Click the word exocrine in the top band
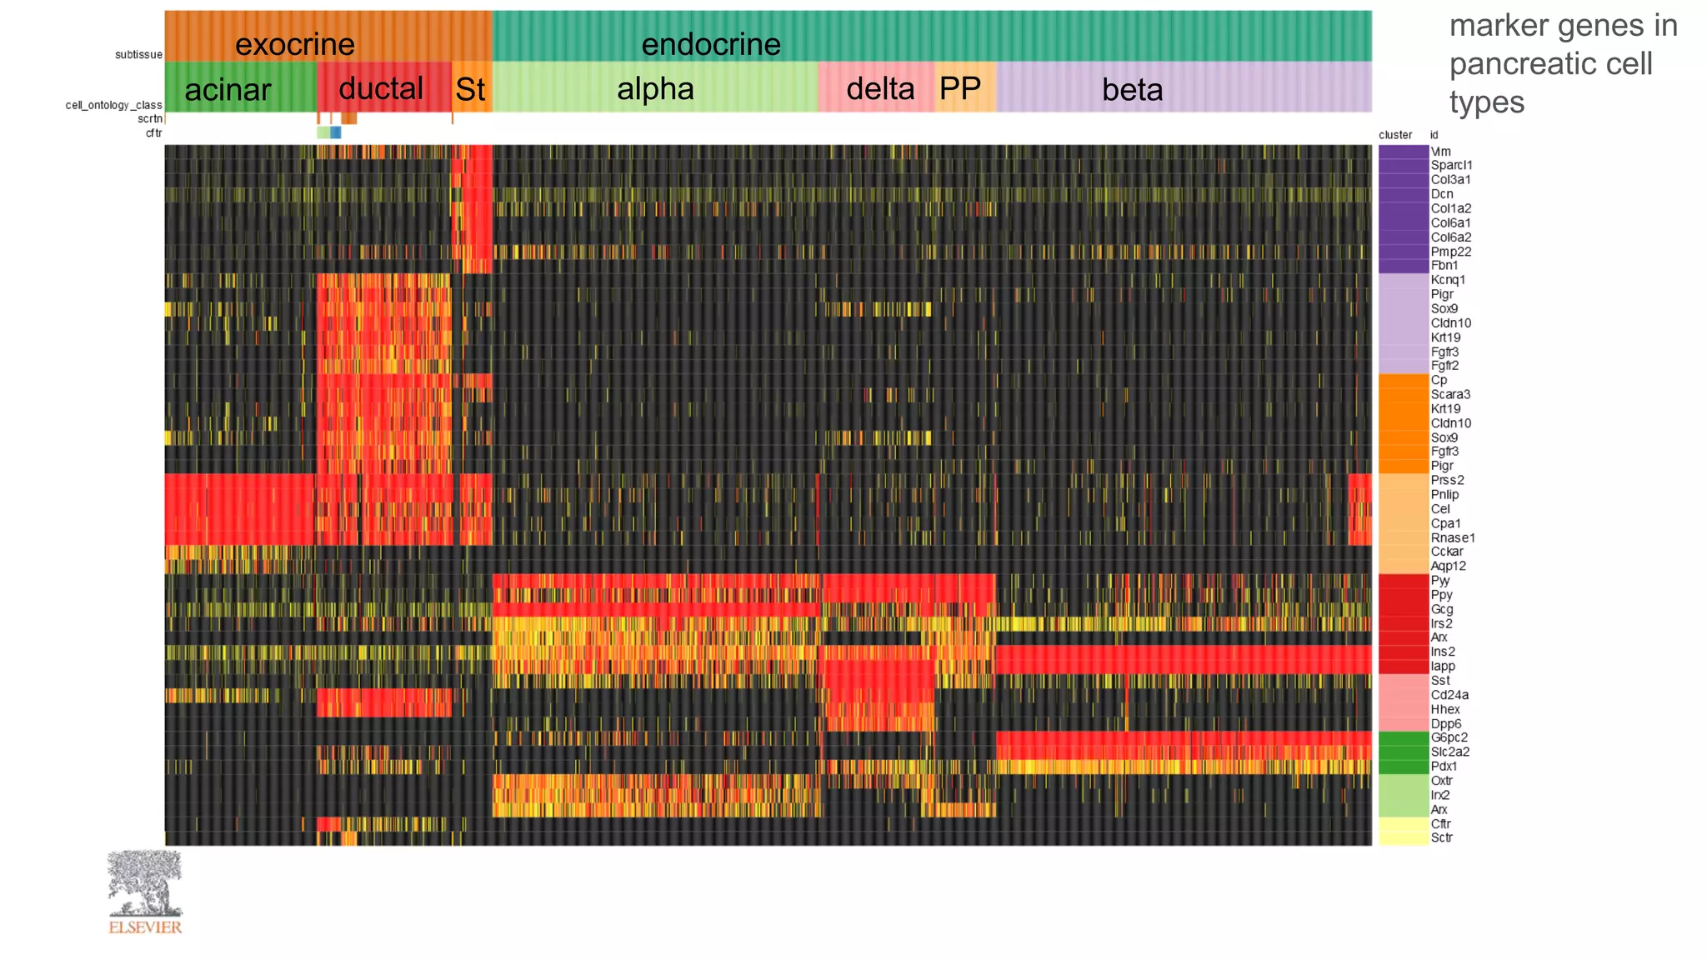pyautogui.click(x=294, y=44)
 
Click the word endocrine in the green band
pyautogui.click(x=710, y=44)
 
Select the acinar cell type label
pyautogui.click(x=228, y=90)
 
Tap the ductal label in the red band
pyautogui.click(x=381, y=88)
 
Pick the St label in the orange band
pyautogui.click(x=470, y=90)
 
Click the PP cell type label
pyautogui.click(x=959, y=88)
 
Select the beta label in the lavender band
pyautogui.click(x=1132, y=90)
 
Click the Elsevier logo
pyautogui.click(x=144, y=892)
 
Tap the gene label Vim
pyautogui.click(x=1440, y=152)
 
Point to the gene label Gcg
pyautogui.click(x=1441, y=609)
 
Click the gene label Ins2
pyautogui.click(x=1443, y=652)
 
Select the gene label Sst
pyautogui.click(x=1439, y=680)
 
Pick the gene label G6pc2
pyautogui.click(x=1449, y=737)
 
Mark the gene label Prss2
pyautogui.click(x=1447, y=480)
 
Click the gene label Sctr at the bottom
pyautogui.click(x=1441, y=837)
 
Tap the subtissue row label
pyautogui.click(x=138, y=55)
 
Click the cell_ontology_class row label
pyautogui.click(x=114, y=105)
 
